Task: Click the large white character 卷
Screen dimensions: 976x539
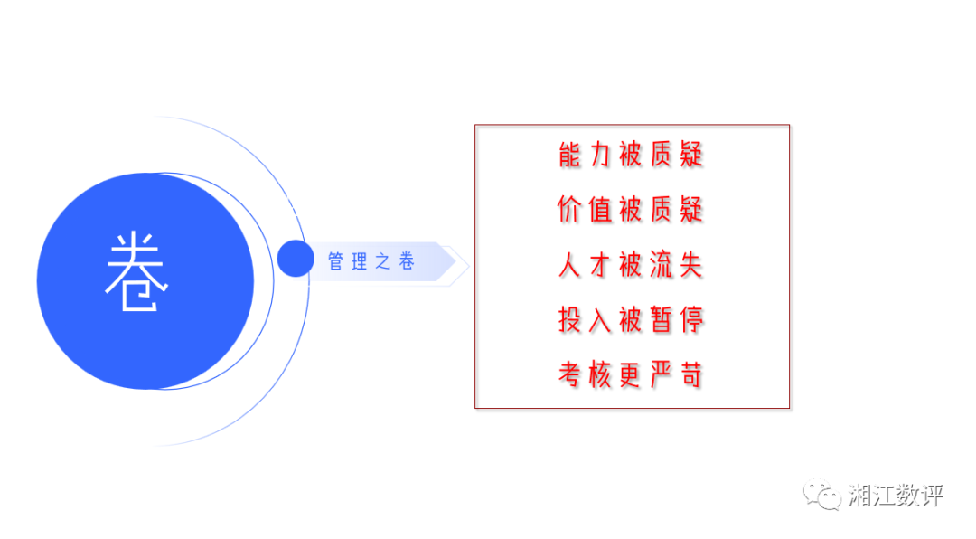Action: click(x=136, y=271)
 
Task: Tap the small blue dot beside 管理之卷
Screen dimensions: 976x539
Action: click(x=296, y=258)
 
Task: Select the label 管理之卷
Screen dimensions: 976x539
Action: click(x=371, y=261)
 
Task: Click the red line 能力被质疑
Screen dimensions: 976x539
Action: click(x=631, y=155)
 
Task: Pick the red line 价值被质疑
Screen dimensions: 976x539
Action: click(x=631, y=210)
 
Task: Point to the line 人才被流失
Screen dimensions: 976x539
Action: click(x=631, y=265)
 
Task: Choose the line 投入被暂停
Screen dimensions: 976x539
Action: click(x=631, y=319)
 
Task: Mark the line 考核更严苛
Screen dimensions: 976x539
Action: click(x=631, y=374)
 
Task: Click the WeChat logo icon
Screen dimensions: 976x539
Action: click(x=822, y=495)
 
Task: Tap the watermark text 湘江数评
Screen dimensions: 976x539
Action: click(x=896, y=496)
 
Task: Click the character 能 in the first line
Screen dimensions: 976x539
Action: click(x=569, y=155)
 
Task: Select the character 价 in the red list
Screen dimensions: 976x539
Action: click(x=569, y=210)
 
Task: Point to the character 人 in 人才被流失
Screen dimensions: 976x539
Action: click(x=569, y=265)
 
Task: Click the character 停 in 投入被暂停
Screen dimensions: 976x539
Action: click(x=691, y=319)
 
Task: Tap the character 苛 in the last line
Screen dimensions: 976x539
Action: click(x=691, y=374)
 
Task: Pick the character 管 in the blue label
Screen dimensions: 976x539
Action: click(x=335, y=261)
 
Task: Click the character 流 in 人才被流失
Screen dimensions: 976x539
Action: click(x=661, y=265)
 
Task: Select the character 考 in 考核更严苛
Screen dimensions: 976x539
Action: click(x=569, y=374)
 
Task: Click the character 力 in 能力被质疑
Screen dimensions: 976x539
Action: click(x=600, y=155)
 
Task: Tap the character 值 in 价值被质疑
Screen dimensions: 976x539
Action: click(x=600, y=210)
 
